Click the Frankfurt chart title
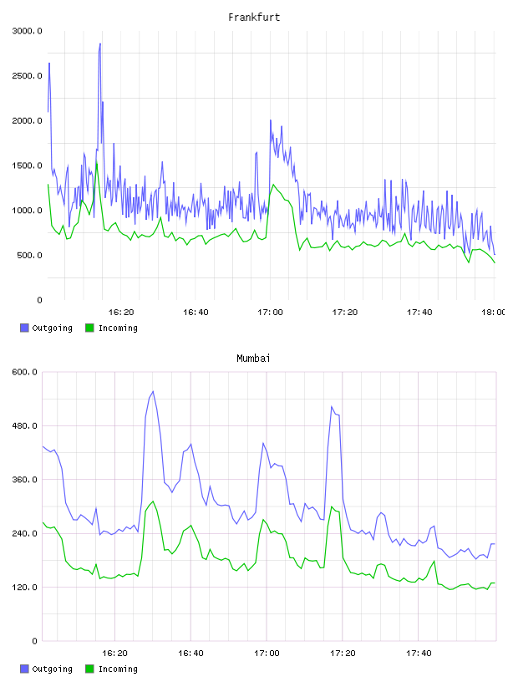pyautogui.click(x=254, y=18)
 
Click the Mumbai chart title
pyautogui.click(x=253, y=359)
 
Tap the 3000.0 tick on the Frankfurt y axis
pyautogui.click(x=27, y=31)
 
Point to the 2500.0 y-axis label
pyautogui.click(x=27, y=76)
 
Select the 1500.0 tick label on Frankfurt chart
pyautogui.click(x=27, y=165)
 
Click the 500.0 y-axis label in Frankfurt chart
pyautogui.click(x=29, y=255)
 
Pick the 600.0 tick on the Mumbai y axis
pyautogui.click(x=25, y=372)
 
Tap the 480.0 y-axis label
pyautogui.click(x=25, y=425)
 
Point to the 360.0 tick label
pyautogui.click(x=25, y=479)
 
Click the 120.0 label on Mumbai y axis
pyautogui.click(x=25, y=588)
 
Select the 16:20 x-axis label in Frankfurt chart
pyautogui.click(x=121, y=312)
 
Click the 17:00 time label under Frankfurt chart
pyautogui.click(x=270, y=312)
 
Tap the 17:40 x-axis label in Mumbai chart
pyautogui.click(x=419, y=653)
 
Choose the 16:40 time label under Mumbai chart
pyautogui.click(x=190, y=653)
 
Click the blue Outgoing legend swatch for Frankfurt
pyautogui.click(x=24, y=328)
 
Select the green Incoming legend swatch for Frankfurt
pyautogui.click(x=89, y=328)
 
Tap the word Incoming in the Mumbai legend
pyautogui.click(x=118, y=669)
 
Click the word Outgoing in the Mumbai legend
pyautogui.click(x=52, y=669)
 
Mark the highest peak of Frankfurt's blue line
pyautogui.click(x=100, y=43)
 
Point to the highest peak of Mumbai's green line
pyautogui.click(x=153, y=501)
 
